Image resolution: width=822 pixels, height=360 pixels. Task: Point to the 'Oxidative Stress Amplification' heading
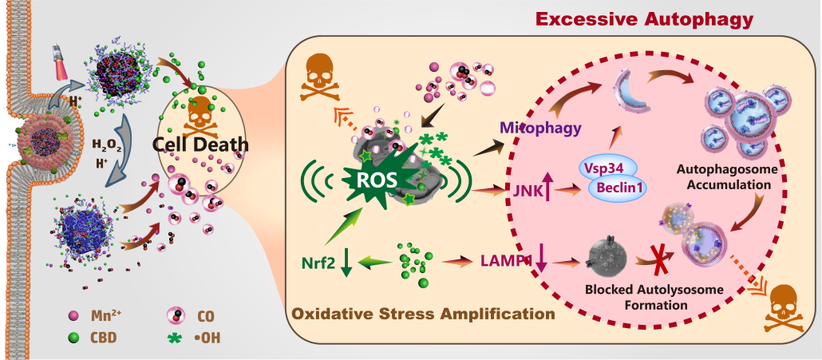click(x=424, y=313)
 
